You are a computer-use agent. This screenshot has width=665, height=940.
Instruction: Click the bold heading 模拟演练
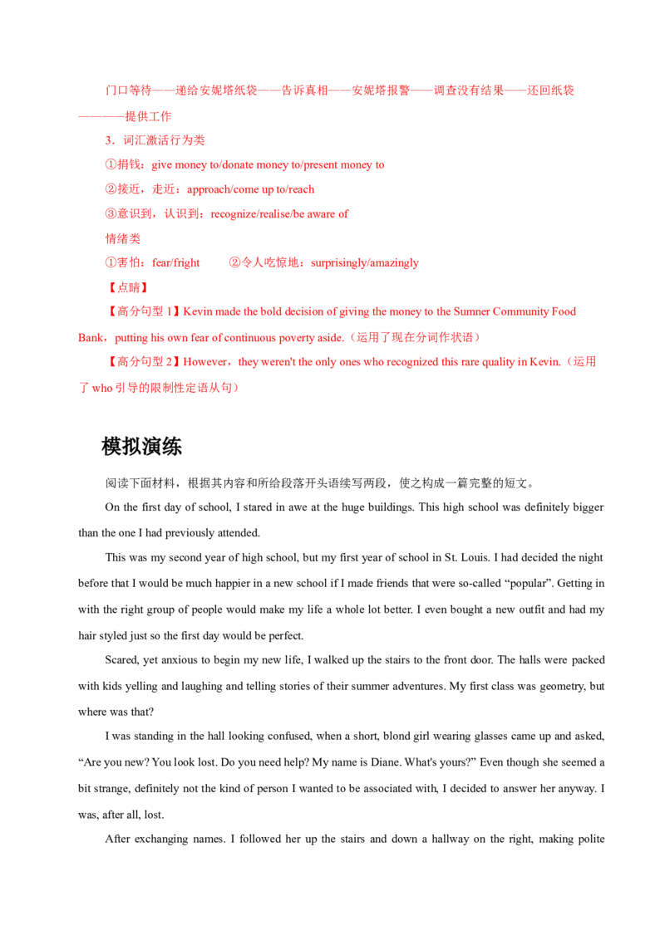point(141,447)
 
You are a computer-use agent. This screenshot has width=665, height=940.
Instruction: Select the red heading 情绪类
point(123,238)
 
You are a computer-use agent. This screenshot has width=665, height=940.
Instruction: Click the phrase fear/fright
point(176,263)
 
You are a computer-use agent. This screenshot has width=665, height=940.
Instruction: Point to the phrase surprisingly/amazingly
point(365,263)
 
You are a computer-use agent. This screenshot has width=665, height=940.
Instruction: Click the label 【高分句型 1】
point(142,311)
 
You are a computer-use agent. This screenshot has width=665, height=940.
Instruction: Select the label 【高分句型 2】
point(142,362)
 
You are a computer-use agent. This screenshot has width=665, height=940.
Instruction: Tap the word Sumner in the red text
point(471,311)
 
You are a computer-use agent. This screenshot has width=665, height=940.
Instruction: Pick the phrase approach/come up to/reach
point(251,189)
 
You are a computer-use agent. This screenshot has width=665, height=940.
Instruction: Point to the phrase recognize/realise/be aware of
point(279,214)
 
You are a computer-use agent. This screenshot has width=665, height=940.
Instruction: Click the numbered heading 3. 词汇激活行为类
point(155,140)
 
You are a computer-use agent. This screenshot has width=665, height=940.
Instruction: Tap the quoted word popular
point(529,583)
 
